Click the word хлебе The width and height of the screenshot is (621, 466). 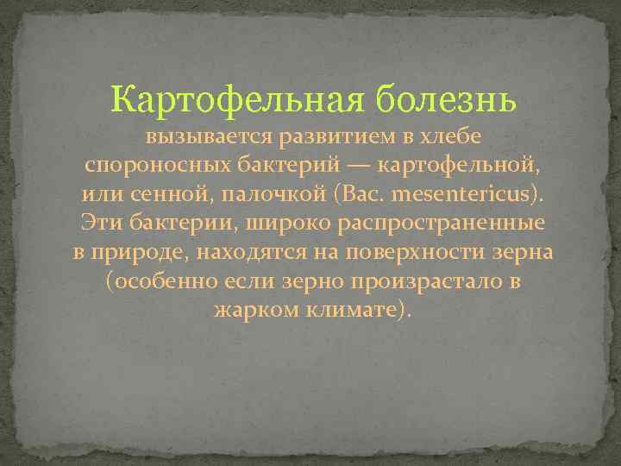tap(449, 136)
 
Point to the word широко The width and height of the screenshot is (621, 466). tap(273, 224)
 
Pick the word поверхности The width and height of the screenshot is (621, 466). tap(415, 253)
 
